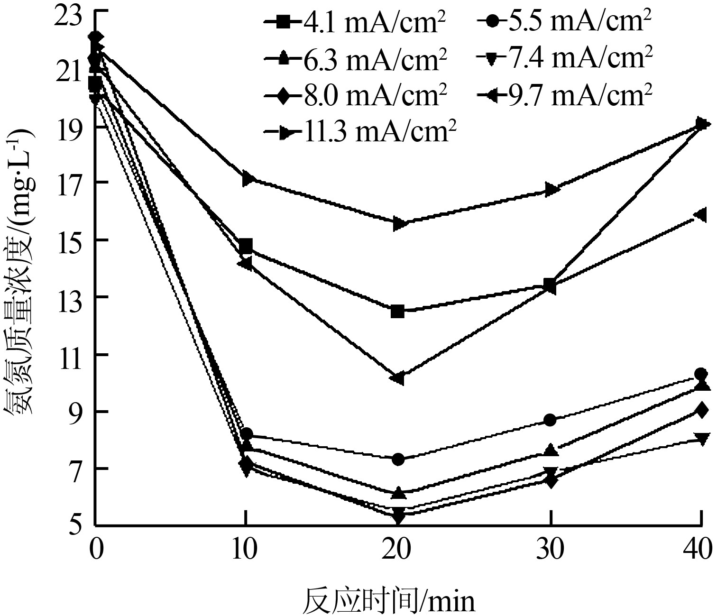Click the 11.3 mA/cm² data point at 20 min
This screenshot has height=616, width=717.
coord(399,224)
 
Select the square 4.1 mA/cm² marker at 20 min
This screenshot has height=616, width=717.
coord(398,312)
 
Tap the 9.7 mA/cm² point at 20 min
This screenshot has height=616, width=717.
coord(398,378)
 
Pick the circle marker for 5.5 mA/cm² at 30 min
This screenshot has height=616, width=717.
coord(550,420)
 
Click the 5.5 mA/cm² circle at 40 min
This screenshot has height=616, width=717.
coord(700,374)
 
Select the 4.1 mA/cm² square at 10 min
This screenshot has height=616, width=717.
coord(246,246)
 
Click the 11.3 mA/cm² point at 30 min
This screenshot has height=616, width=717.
coord(551,189)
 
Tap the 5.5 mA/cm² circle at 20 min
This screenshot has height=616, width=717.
coord(398,459)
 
